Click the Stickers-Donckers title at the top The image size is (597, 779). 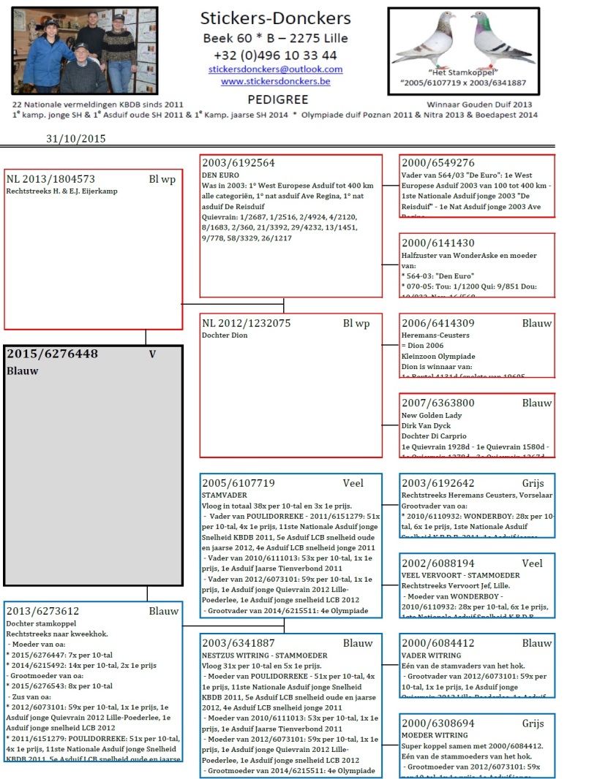point(276,19)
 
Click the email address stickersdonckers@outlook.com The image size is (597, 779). point(275,69)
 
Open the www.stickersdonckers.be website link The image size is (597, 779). point(275,81)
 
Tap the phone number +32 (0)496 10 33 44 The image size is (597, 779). point(275,55)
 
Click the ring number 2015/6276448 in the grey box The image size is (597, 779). point(52,354)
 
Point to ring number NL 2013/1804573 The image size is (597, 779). point(50,179)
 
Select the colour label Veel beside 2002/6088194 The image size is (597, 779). point(532,563)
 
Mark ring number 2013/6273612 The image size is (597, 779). point(42,611)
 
